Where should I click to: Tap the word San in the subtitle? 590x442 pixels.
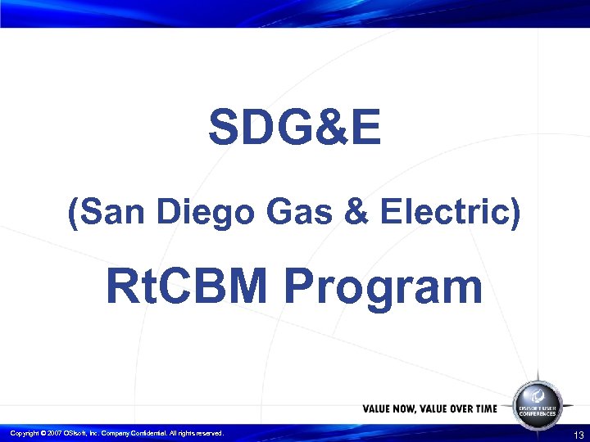106,214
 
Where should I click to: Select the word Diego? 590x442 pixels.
186,214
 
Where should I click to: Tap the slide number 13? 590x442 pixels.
579,434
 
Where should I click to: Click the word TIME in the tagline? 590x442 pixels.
483,408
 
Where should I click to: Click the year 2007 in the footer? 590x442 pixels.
56,433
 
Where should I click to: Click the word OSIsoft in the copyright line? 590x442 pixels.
77,433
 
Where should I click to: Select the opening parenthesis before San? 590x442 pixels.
73,214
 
